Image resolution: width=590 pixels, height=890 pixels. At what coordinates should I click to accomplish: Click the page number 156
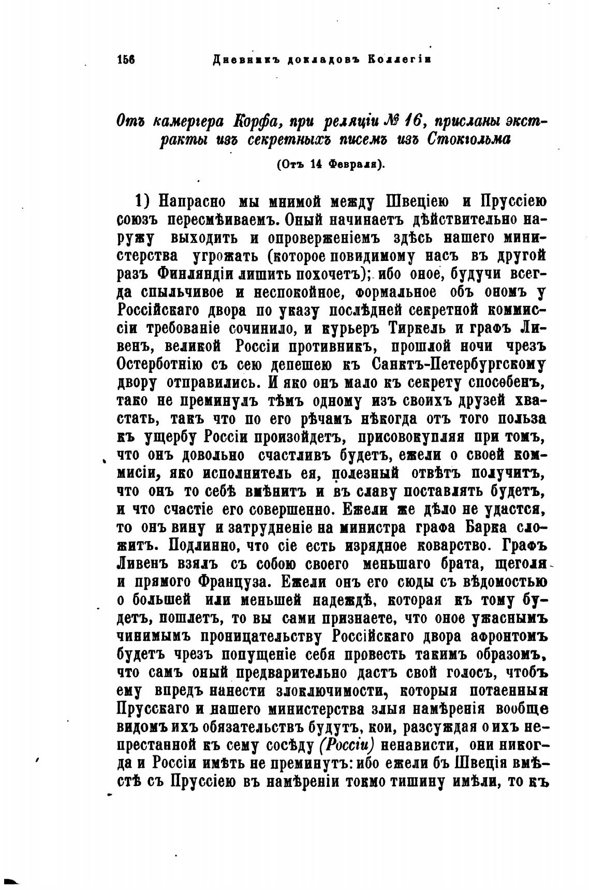[126, 60]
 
